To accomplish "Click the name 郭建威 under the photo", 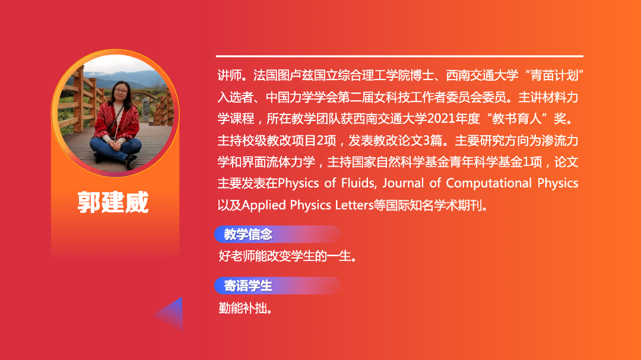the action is (113, 202).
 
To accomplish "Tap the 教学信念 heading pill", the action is (277, 234).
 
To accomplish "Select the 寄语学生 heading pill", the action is (277, 286).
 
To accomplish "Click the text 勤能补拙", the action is (245, 308).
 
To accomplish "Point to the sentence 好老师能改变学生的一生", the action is (288, 256).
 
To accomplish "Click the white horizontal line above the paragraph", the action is (399, 56).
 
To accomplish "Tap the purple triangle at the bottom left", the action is (172, 314).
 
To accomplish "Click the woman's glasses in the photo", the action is (121, 91).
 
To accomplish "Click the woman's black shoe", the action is (131, 161).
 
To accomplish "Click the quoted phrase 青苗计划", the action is (554, 75).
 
